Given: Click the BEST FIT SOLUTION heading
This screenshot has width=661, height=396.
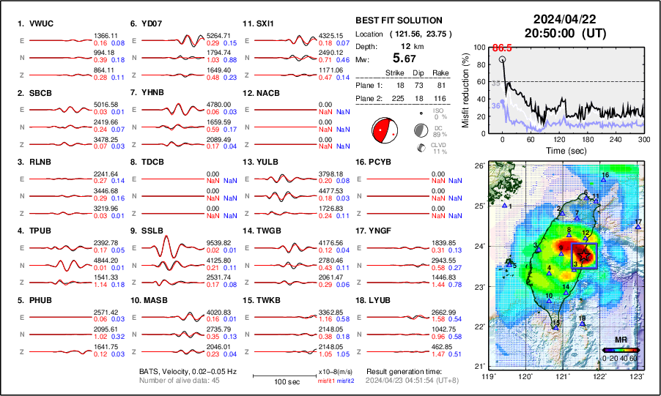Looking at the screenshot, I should pos(398,20).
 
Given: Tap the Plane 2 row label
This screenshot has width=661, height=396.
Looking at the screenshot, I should pos(369,96).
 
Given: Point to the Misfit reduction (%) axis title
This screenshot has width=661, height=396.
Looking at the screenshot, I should pos(466,90).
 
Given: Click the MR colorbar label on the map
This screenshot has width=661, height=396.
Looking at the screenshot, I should pos(620,340).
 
